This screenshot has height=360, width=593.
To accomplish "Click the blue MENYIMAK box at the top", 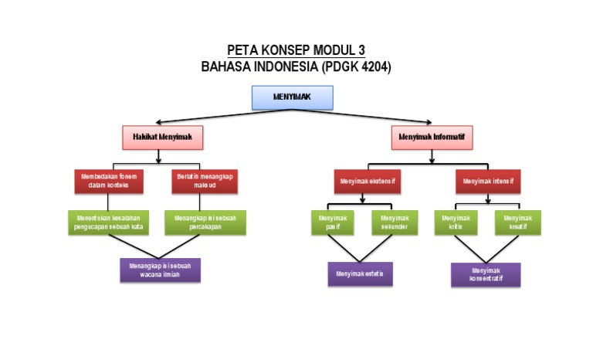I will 293,97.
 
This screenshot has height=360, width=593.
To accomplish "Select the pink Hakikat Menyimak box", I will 162,138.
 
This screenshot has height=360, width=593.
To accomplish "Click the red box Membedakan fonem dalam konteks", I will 110,181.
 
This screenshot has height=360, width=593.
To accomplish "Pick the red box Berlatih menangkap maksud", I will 205,181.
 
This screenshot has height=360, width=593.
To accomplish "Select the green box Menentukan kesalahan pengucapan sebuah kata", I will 108,222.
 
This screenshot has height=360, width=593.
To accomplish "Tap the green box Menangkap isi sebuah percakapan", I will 205,222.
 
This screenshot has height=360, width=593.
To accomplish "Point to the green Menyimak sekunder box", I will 394,222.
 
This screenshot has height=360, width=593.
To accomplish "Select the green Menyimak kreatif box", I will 517,222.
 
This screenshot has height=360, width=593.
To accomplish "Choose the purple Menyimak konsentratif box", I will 486,274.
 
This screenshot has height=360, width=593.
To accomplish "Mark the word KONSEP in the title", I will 282,51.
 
